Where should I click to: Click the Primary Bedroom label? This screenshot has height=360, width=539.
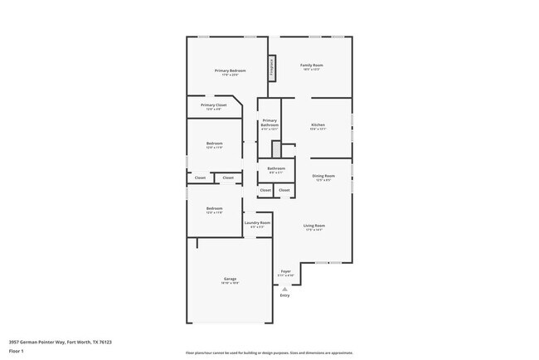pyautogui.click(x=230, y=71)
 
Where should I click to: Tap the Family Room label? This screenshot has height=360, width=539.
pyautogui.click(x=311, y=65)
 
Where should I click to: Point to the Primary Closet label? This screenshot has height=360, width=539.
pyautogui.click(x=213, y=105)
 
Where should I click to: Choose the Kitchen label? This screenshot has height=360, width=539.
pyautogui.click(x=318, y=125)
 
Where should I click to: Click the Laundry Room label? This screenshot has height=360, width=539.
pyautogui.click(x=257, y=222)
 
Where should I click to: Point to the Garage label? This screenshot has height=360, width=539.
pyautogui.click(x=230, y=279)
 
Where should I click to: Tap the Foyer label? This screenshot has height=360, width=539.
pyautogui.click(x=285, y=271)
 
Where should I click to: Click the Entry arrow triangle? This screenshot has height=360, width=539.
pyautogui.click(x=284, y=288)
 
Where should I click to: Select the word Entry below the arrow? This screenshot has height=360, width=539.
pyautogui.click(x=284, y=295)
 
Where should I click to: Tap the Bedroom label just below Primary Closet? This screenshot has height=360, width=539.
pyautogui.click(x=214, y=144)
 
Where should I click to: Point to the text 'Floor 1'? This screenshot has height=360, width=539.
pyautogui.click(x=17, y=351)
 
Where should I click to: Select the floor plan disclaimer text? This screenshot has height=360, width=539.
pyautogui.click(x=269, y=353)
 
